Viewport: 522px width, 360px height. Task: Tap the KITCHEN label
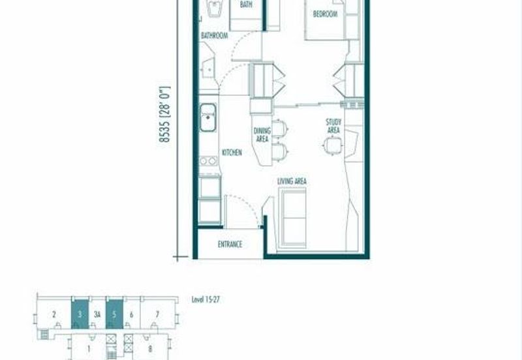point(232,153)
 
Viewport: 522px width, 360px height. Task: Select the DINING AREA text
point(262,134)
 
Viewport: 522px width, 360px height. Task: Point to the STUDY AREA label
point(333,126)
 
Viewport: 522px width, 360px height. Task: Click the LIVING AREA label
point(292,181)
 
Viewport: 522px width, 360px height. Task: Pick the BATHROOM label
point(214,36)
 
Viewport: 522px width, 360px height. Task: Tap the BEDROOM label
point(324,14)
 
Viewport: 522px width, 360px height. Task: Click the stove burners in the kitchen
point(208,160)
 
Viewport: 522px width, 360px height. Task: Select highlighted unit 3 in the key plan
point(80,314)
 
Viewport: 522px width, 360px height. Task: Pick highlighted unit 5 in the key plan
point(114,314)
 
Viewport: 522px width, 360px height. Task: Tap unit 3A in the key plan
point(97,314)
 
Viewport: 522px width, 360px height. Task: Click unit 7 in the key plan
point(157,314)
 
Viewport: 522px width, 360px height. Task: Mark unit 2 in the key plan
point(54,314)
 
